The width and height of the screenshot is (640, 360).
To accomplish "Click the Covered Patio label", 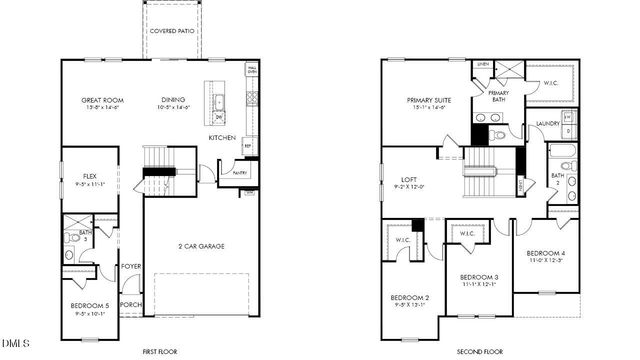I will [172, 32].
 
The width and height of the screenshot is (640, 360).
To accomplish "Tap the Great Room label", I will [102, 100].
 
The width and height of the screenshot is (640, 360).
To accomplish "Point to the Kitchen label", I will [222, 137].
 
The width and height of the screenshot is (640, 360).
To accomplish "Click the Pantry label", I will [239, 173].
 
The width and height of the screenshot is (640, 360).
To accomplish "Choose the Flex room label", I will [89, 179].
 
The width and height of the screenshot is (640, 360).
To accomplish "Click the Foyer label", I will [131, 266].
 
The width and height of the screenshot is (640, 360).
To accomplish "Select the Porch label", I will [131, 305].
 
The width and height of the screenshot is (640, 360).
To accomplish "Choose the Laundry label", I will [547, 124].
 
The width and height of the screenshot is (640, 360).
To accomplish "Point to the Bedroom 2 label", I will [410, 299].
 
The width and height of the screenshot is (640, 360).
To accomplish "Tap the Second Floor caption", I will [478, 351].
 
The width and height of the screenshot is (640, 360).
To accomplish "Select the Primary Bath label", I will [499, 96].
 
